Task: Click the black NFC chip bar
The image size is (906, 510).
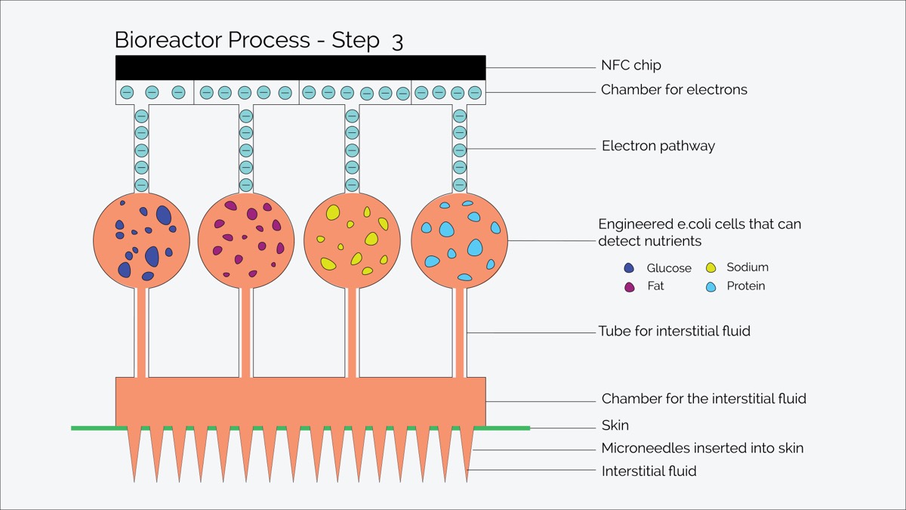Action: pyautogui.click(x=300, y=67)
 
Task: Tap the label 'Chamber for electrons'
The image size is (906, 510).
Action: pyautogui.click(x=673, y=89)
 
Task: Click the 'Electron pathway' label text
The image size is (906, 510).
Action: pyautogui.click(x=658, y=146)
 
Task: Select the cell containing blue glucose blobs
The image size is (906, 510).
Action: pyautogui.click(x=142, y=240)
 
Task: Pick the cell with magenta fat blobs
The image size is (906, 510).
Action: pyautogui.click(x=246, y=240)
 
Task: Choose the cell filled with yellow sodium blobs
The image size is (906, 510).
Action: pyautogui.click(x=352, y=240)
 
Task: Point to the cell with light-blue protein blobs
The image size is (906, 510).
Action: pyautogui.click(x=460, y=240)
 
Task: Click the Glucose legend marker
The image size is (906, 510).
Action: pyautogui.click(x=629, y=268)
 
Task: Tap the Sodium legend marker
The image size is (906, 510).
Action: pyautogui.click(x=710, y=267)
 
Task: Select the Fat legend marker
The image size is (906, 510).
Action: pyautogui.click(x=630, y=287)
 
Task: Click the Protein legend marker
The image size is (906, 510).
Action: pyautogui.click(x=710, y=287)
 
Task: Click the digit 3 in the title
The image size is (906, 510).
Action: pyautogui.click(x=397, y=42)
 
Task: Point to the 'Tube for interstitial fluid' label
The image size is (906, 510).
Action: pyautogui.click(x=674, y=331)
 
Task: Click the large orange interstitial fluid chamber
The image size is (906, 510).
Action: pyautogui.click(x=300, y=402)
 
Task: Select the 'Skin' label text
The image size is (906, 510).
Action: pyautogui.click(x=615, y=425)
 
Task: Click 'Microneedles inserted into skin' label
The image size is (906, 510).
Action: pyautogui.click(x=702, y=448)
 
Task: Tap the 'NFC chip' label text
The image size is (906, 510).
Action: pyautogui.click(x=631, y=65)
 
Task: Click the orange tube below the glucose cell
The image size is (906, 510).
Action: pyautogui.click(x=141, y=332)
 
